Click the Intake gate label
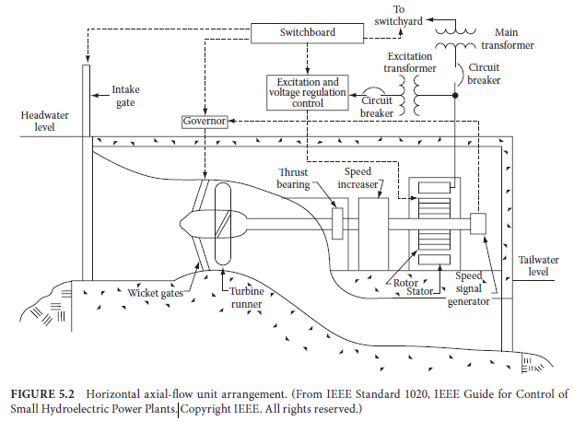[127, 96]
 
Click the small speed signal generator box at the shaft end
[477, 223]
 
